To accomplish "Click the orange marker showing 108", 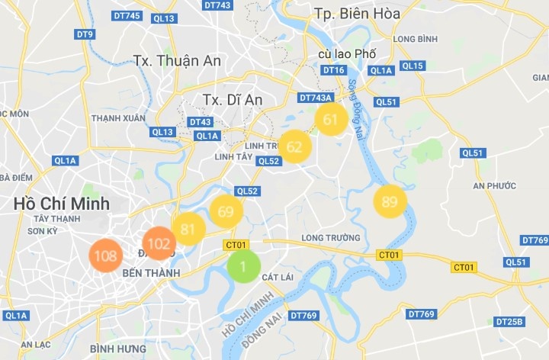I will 105,256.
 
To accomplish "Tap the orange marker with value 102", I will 159,244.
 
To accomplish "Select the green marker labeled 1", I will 242,266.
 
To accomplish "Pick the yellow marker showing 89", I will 390,201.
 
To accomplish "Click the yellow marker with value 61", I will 331,120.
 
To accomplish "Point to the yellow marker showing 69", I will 226,211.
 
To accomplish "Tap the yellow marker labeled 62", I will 294,146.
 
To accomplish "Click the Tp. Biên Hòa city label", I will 357,13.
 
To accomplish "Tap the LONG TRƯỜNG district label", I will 329,238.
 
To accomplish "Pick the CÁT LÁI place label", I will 278,277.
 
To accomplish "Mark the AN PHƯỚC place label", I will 494,185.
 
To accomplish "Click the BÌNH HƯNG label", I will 112,349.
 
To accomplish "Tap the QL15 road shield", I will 412,66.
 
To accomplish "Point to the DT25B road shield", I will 509,322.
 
